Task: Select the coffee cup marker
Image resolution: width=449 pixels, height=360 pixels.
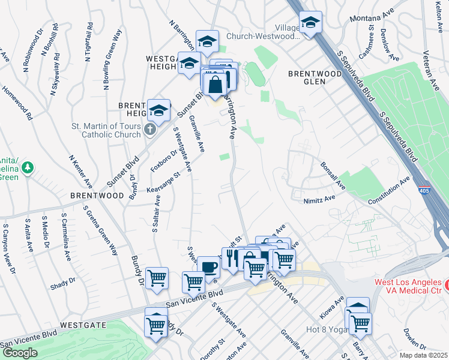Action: click(x=208, y=268)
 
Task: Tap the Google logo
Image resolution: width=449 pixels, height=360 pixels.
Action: click(x=20, y=353)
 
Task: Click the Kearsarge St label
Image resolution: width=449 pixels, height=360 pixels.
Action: click(x=163, y=184)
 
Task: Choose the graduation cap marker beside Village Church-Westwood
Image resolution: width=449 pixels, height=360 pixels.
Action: click(x=310, y=23)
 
